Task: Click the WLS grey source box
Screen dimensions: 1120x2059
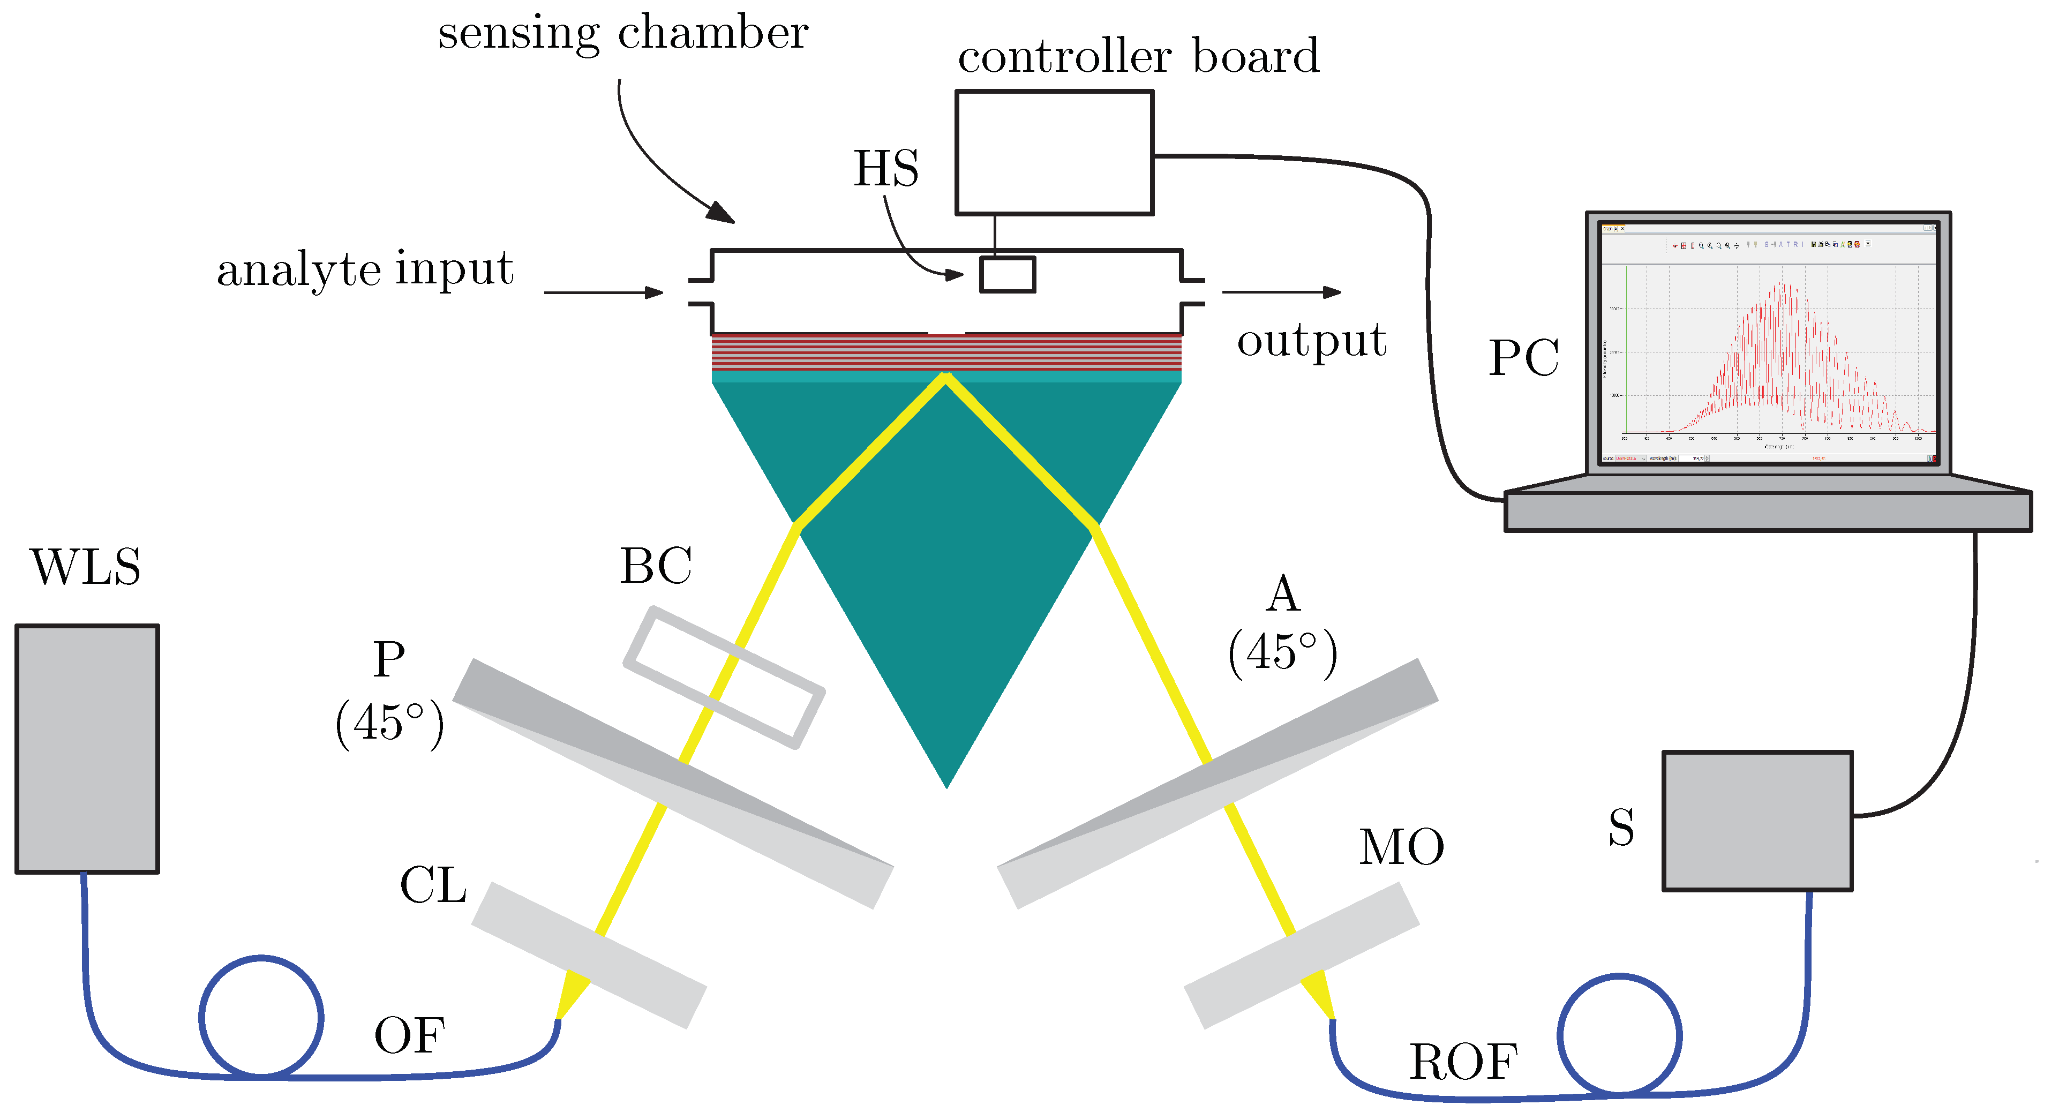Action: click(x=87, y=748)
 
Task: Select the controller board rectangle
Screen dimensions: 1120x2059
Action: click(x=1054, y=153)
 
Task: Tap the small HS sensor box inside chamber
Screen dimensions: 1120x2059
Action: click(x=1007, y=274)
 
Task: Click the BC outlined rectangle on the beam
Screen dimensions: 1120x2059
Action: click(x=723, y=677)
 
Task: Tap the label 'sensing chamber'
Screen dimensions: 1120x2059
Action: click(x=622, y=34)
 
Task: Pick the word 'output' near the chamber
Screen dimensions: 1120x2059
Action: click(x=1311, y=341)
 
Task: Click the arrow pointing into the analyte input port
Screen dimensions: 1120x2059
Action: click(x=604, y=292)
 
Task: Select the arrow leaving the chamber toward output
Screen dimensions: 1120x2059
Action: click(x=1281, y=292)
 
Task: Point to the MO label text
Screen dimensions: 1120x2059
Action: click(x=1401, y=847)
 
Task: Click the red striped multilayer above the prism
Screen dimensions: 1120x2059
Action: click(x=946, y=352)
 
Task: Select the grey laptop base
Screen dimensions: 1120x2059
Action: click(x=1767, y=512)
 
